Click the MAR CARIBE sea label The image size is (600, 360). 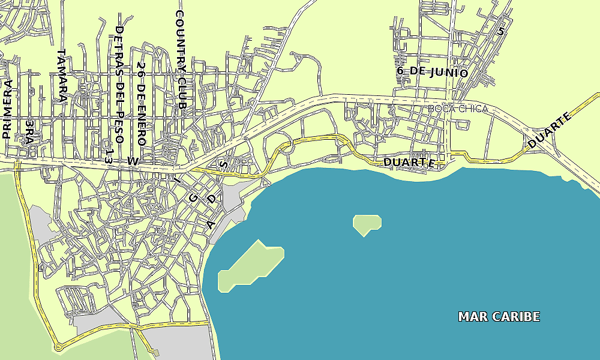[499, 316]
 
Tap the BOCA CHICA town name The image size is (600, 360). [458, 109]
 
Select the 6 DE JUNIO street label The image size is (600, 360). [432, 71]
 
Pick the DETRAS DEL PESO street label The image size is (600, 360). [119, 84]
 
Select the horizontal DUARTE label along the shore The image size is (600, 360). [409, 163]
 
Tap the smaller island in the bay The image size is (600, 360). [367, 224]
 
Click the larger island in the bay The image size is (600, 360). [251, 265]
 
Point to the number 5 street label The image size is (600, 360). [500, 31]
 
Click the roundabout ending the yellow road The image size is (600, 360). [58, 347]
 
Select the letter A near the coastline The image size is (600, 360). [210, 224]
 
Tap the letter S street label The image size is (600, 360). [224, 163]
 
